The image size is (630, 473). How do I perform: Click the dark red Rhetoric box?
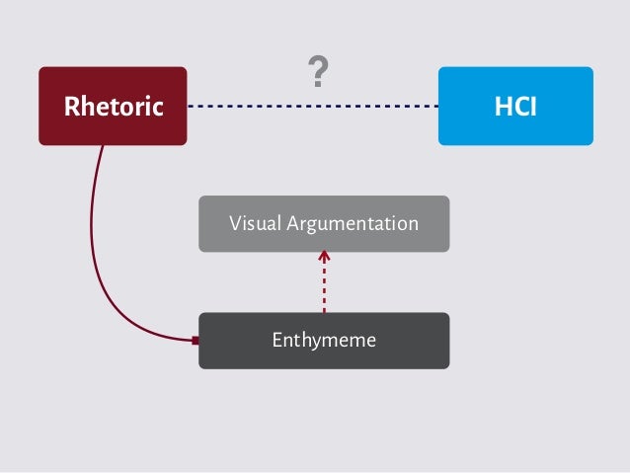113,106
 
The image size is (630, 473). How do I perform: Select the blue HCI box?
515,106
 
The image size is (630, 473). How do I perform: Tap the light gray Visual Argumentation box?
324,223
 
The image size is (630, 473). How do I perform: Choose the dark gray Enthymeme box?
324,341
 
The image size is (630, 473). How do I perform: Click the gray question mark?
318,72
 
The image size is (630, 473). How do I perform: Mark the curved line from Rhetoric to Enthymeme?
97,247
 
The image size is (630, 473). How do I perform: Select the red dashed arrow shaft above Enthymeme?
324,291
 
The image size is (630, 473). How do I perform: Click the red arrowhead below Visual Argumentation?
324,258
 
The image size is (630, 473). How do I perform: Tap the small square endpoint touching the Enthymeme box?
196,341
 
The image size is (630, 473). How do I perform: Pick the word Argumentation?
353,224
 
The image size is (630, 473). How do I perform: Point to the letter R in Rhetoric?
70,107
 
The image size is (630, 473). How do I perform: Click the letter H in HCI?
501,107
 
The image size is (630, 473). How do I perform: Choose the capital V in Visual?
235,224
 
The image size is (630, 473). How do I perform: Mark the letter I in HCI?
533,107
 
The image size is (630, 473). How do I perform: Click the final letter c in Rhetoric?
158,107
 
